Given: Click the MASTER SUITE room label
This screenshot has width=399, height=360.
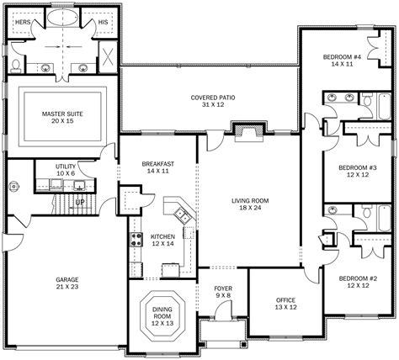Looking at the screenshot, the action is pyautogui.click(x=62, y=114).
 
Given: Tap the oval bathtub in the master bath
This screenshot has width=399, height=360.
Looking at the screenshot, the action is pyautogui.click(x=62, y=18).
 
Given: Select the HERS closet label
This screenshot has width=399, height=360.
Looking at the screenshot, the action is pyautogui.click(x=23, y=22).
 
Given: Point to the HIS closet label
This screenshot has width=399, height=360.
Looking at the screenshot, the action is pyautogui.click(x=103, y=22).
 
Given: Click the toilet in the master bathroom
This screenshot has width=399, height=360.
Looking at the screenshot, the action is pyautogui.click(x=16, y=66).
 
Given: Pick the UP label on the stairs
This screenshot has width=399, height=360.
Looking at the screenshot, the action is pyautogui.click(x=80, y=202).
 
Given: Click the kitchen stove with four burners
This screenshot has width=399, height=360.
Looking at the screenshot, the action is pyautogui.click(x=136, y=240).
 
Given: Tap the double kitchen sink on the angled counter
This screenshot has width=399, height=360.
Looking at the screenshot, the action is pyautogui.click(x=183, y=215).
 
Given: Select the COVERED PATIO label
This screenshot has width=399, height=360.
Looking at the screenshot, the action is pyautogui.click(x=213, y=98).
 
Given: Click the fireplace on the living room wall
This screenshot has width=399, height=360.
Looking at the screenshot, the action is pyautogui.click(x=249, y=132).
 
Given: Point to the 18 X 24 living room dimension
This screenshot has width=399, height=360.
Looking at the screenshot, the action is pyautogui.click(x=250, y=208).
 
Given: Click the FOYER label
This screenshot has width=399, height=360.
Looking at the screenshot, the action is pyautogui.click(x=223, y=289).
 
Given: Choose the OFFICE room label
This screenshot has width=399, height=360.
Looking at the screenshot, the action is pyautogui.click(x=285, y=300).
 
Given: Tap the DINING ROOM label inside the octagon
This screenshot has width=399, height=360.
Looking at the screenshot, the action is pyautogui.click(x=162, y=313).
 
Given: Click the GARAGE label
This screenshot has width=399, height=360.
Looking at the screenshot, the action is pyautogui.click(x=67, y=280).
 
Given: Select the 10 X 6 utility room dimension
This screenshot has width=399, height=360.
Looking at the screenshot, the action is pyautogui.click(x=66, y=173).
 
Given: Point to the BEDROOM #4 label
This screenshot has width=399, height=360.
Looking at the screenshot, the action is pyautogui.click(x=342, y=57).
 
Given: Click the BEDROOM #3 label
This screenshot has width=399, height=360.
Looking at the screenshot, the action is pyautogui.click(x=358, y=168).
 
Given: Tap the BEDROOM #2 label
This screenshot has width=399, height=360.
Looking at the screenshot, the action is pyautogui.click(x=358, y=278).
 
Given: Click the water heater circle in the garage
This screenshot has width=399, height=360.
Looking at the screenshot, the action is pyautogui.click(x=13, y=187).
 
